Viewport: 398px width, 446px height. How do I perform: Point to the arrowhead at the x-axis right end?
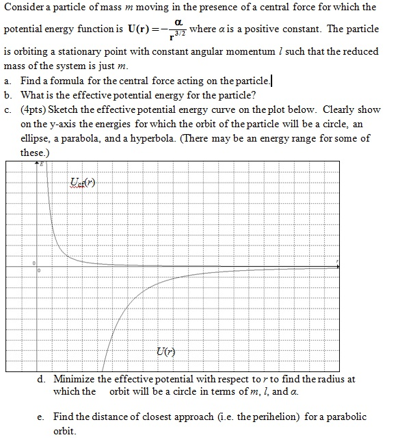click(x=336, y=265)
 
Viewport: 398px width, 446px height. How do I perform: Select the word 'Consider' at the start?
click(x=23, y=8)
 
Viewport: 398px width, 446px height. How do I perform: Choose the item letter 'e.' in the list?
click(x=41, y=417)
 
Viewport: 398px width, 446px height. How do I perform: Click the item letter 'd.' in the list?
click(x=41, y=379)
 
